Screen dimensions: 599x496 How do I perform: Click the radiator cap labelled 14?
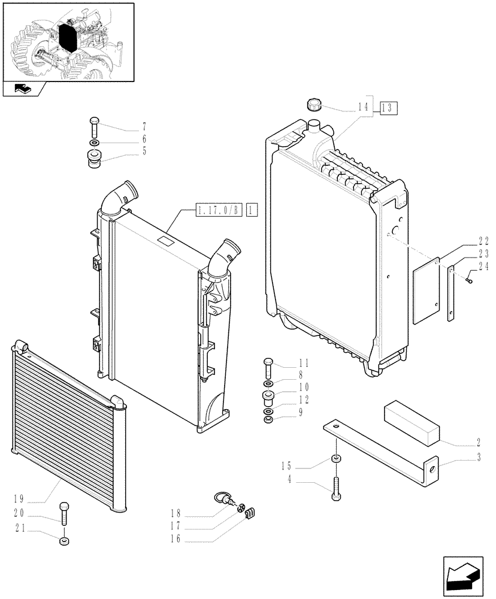coord(314,106)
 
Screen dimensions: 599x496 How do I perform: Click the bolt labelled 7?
coord(94,126)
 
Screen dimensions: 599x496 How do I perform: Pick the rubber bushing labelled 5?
coord(95,160)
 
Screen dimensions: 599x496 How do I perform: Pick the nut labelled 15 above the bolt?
coord(337,459)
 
